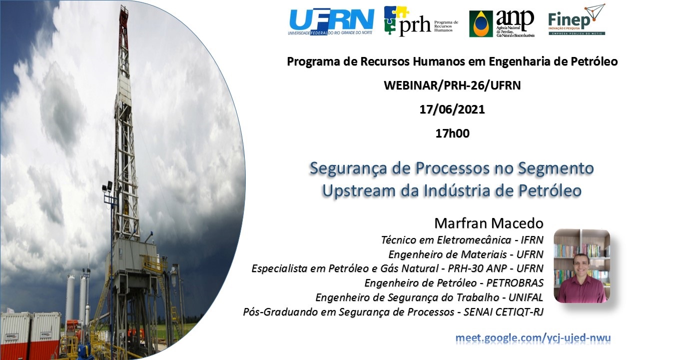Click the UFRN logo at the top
(331, 22)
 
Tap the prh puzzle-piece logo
(421, 21)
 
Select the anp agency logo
(502, 23)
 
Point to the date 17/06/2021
(452, 109)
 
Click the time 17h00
(453, 133)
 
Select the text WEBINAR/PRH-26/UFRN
(452, 85)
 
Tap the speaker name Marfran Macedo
(489, 223)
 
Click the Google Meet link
(533, 338)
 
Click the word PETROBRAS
(515, 283)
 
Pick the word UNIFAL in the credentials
(526, 297)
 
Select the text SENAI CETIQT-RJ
(504, 312)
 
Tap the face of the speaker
(581, 263)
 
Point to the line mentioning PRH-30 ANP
(397, 268)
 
